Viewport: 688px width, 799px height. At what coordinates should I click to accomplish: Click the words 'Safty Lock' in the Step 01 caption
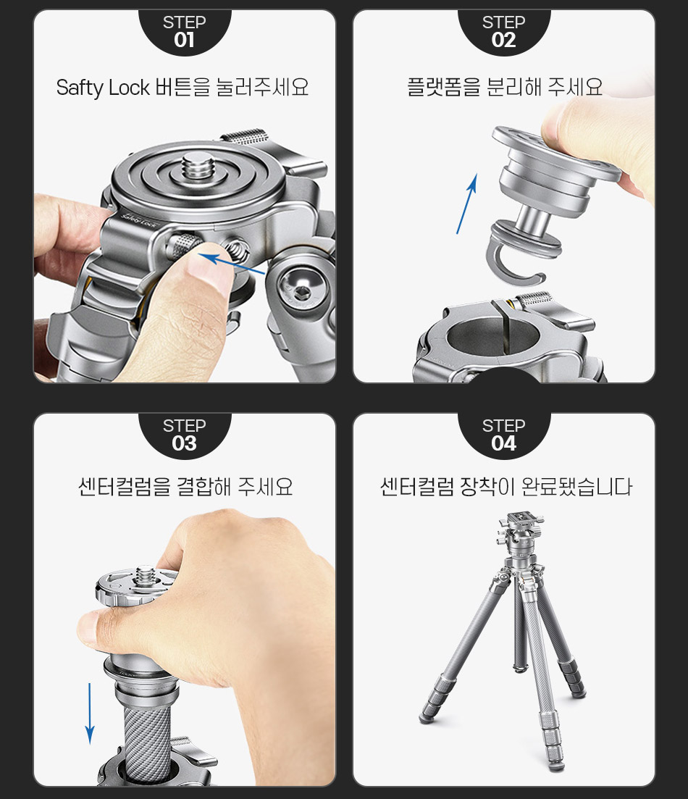(x=102, y=88)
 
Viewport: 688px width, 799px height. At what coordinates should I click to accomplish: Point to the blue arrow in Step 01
(x=231, y=264)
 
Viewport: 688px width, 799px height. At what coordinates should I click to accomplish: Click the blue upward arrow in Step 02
(x=467, y=204)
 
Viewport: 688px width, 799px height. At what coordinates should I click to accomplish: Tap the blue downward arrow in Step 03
(x=90, y=714)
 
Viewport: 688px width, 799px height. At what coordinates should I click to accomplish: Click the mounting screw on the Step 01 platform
(x=198, y=167)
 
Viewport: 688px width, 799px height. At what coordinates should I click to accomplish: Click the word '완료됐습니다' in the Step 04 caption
(x=577, y=487)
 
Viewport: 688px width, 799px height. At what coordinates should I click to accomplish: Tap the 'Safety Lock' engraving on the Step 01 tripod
(x=139, y=221)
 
